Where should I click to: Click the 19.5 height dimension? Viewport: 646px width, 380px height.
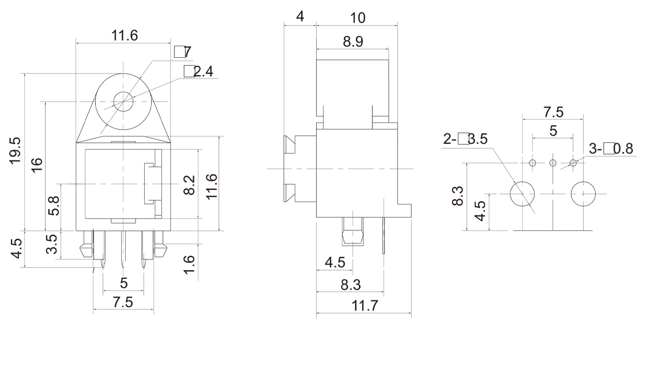click(15, 151)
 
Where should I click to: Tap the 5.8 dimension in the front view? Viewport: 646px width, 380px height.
click(54, 206)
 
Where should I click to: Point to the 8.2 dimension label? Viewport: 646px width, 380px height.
click(189, 185)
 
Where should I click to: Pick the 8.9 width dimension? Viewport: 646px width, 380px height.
click(353, 42)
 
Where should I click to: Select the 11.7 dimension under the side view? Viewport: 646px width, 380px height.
click(365, 306)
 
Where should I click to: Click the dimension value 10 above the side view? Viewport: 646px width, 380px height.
click(358, 18)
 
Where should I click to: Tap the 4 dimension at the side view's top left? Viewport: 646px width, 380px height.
click(300, 17)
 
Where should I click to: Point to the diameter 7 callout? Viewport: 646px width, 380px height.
click(183, 52)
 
